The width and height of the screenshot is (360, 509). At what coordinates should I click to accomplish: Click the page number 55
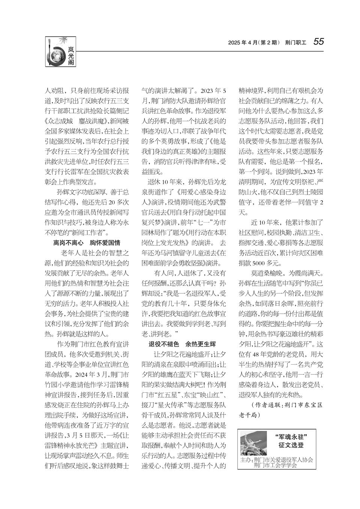point(318,42)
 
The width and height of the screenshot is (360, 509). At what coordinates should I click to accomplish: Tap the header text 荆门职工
point(295,42)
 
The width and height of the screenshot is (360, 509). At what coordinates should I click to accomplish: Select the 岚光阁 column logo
point(60,52)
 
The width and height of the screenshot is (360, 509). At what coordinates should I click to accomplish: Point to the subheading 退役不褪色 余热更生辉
point(182,344)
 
